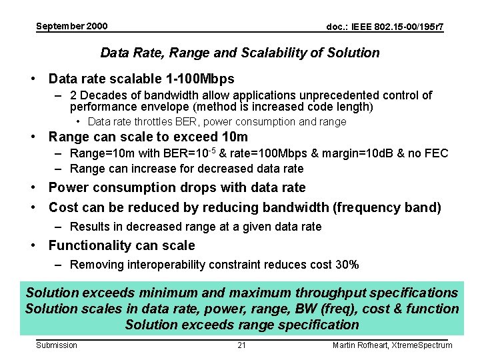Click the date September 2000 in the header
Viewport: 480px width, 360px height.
[71, 26]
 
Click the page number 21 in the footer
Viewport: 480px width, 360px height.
[241, 345]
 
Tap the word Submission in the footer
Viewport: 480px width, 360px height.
[56, 345]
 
